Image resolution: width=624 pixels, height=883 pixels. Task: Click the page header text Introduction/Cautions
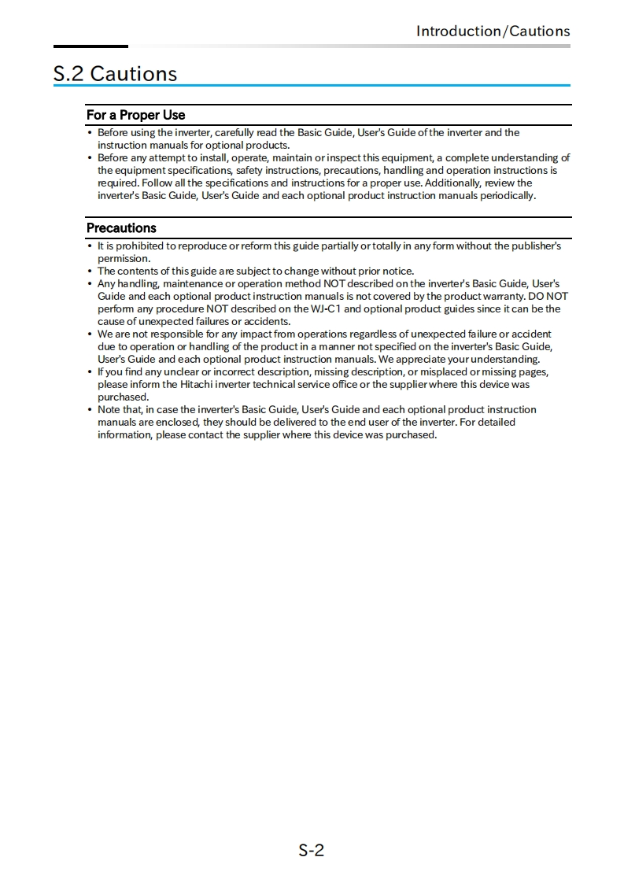click(x=493, y=31)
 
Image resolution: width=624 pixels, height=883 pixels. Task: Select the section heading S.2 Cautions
click(x=115, y=74)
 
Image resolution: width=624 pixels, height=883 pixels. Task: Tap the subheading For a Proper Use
click(x=135, y=115)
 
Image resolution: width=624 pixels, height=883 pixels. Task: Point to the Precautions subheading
click(x=121, y=228)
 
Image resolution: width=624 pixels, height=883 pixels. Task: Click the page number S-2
click(x=312, y=850)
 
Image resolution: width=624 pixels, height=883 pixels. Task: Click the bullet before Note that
click(x=90, y=409)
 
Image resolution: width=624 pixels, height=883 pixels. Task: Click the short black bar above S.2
click(x=90, y=46)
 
